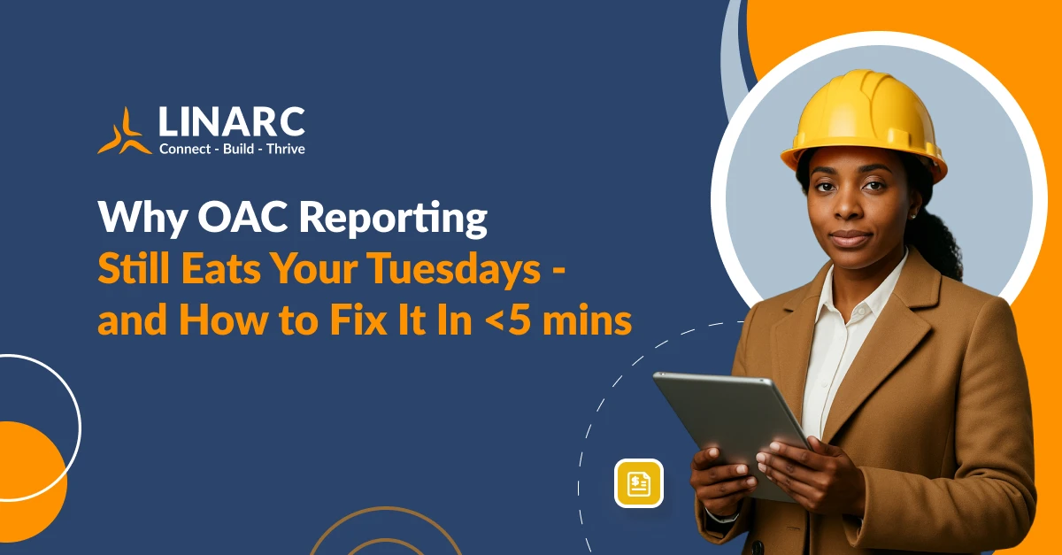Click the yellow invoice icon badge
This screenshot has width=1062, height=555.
[638, 483]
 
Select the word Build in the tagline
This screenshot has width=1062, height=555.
[243, 149]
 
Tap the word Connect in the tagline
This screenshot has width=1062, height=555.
[184, 149]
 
